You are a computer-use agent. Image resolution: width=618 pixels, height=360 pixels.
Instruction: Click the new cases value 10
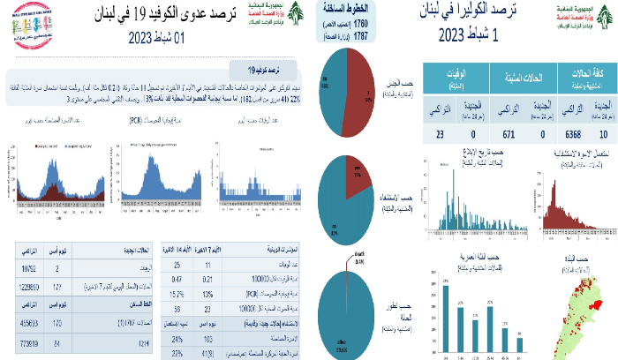(x=602, y=134)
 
